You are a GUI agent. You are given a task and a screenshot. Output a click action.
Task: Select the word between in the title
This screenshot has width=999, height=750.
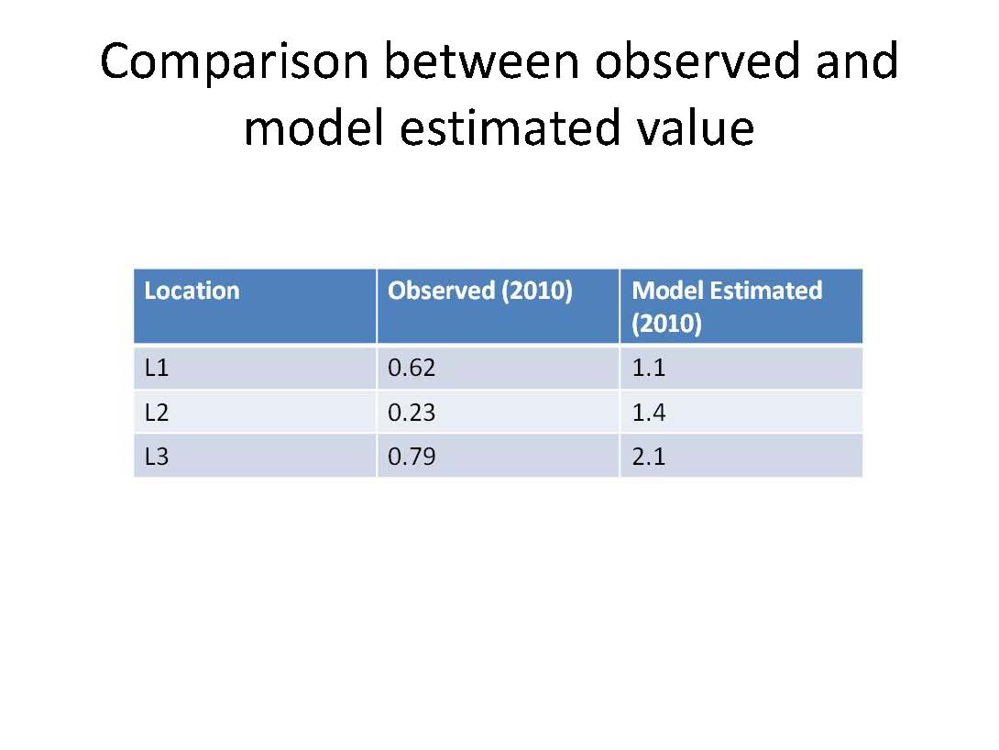pos(482,61)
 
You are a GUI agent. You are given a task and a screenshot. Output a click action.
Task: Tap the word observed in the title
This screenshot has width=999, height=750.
pos(697,61)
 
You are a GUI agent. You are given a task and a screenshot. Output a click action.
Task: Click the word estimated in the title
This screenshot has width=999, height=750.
pos(510,127)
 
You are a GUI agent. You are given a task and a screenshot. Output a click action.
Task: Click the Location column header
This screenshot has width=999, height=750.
pos(192,291)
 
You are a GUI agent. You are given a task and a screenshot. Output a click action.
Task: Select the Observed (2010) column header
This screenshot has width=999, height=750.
pos(480,292)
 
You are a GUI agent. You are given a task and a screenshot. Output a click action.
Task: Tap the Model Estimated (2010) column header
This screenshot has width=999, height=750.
pos(727,306)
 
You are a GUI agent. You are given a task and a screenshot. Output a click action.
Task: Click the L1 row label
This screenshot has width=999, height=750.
pos(157,368)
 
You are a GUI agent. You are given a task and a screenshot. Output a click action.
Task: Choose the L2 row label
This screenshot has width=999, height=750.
pos(157,413)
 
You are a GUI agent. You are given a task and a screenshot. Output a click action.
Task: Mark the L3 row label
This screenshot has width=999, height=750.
pos(157,457)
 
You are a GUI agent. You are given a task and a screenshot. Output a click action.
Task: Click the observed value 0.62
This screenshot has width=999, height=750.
pos(412,368)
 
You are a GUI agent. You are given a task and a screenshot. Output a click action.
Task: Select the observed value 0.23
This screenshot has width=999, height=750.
pos(412,413)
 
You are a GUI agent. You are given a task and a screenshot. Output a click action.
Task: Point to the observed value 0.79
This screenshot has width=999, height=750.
pos(412,457)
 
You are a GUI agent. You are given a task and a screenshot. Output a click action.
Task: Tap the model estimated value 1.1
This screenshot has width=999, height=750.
pos(649,368)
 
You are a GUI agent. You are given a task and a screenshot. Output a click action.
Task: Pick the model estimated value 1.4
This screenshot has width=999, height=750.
pos(649,413)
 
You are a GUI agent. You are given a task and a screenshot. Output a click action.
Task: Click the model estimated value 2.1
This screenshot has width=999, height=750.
pos(649,457)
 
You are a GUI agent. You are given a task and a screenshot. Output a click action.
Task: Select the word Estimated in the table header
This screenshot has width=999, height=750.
pos(766,291)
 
